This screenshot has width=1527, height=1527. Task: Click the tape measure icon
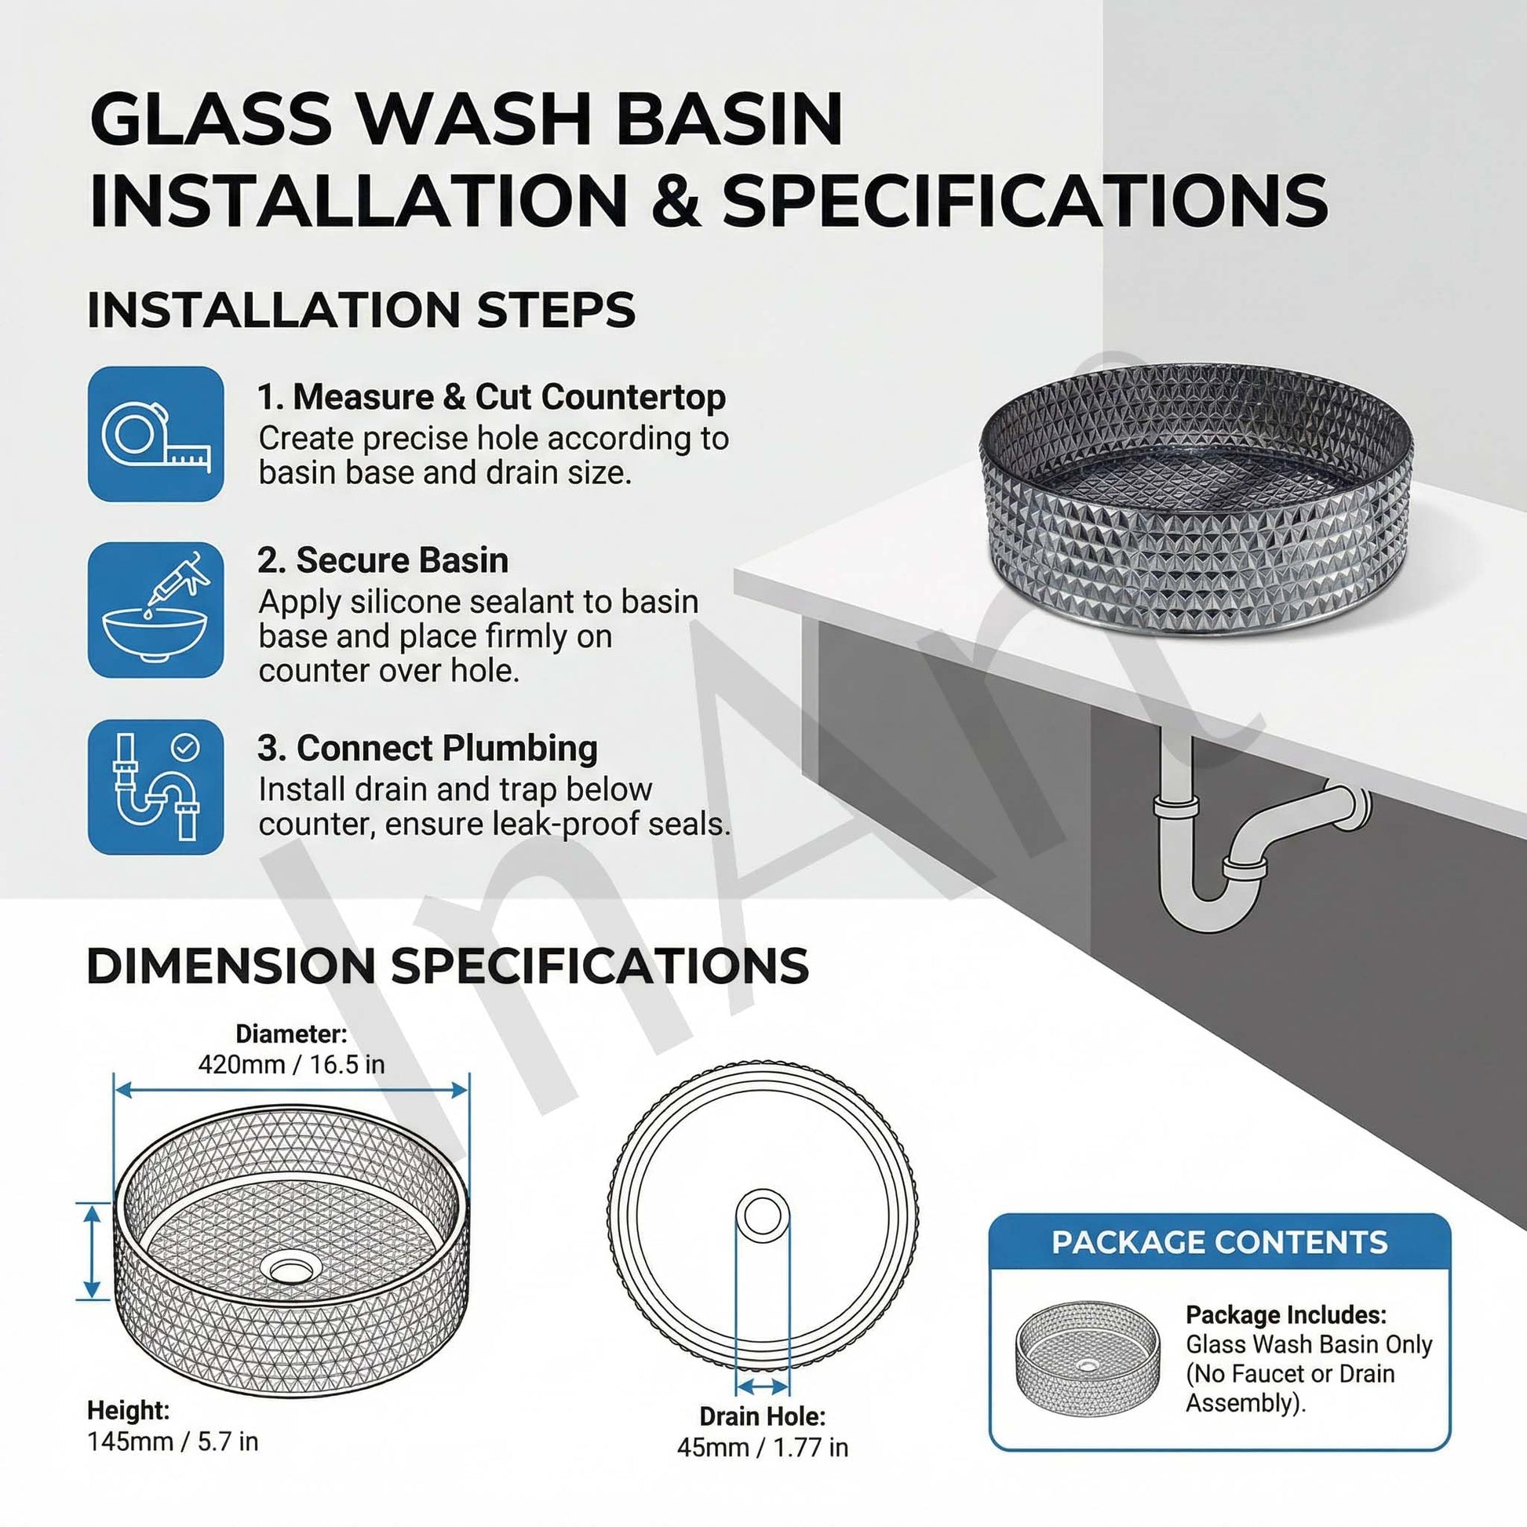click(x=155, y=434)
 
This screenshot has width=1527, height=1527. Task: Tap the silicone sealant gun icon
click(x=155, y=610)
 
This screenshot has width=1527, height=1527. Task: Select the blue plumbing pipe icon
click(x=155, y=787)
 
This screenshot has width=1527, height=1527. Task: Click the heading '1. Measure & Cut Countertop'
click(x=491, y=397)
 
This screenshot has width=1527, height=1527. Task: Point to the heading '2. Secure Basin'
click(x=383, y=560)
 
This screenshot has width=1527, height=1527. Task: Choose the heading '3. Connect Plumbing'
click(x=427, y=748)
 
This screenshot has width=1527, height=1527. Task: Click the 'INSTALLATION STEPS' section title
click(x=361, y=310)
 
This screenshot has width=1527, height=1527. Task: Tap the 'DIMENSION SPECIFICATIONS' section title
click(x=447, y=966)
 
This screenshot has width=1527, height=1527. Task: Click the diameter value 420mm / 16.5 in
click(x=291, y=1065)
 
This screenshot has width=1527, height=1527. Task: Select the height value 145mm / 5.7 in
click(x=173, y=1441)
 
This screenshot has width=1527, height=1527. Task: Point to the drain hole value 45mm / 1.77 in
click(x=762, y=1446)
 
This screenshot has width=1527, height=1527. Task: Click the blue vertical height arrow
click(x=93, y=1251)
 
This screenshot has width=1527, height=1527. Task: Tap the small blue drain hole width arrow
click(x=762, y=1386)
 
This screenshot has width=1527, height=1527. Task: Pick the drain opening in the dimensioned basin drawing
click(x=291, y=1270)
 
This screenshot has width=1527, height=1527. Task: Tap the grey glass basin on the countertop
click(x=1195, y=498)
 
